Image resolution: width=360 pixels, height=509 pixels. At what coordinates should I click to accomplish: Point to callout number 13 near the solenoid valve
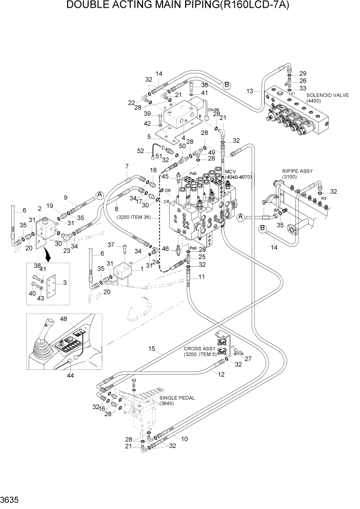point(250,91)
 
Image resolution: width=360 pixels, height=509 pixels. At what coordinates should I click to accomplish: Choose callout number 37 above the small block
point(109,244)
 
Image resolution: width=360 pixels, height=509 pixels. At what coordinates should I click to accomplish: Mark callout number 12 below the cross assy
point(222,374)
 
